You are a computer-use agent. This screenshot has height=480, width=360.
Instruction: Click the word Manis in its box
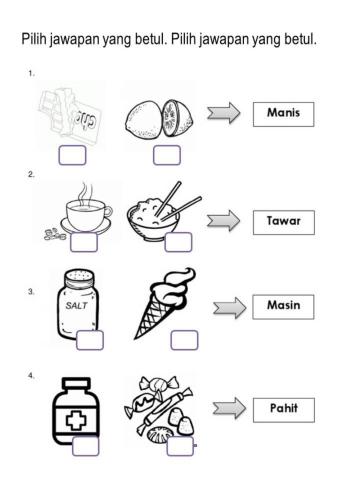pos(283,112)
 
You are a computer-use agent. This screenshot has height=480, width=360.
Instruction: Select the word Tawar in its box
pos(284,221)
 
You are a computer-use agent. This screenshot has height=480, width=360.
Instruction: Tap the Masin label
pos(283,305)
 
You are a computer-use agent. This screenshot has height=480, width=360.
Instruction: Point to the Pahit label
pos(284,408)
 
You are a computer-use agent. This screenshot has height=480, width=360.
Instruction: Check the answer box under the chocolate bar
pos(72,155)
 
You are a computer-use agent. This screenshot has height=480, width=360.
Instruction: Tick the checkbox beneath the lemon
pos(167,155)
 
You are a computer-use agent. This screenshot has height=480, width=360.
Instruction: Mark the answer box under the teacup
pos(84,242)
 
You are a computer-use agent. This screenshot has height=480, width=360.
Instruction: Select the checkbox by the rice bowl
pos(178,242)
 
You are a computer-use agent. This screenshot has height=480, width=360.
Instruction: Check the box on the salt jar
pos(90,340)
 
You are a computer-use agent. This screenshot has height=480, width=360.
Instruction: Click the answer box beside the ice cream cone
pos(184,340)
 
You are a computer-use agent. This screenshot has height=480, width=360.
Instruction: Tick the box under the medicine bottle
pos(85,446)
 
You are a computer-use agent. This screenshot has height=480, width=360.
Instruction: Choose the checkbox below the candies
pos(180,446)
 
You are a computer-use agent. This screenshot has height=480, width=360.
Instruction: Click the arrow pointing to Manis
pos(223,113)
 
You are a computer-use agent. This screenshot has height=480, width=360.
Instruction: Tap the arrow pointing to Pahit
pos(229,408)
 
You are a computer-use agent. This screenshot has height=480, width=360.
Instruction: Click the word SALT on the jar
pos(77,305)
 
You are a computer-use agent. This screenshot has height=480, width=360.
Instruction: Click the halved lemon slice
pos(177,118)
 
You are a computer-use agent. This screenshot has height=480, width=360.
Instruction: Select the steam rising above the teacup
pos(84,192)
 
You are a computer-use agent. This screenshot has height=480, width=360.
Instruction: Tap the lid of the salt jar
pos(79,278)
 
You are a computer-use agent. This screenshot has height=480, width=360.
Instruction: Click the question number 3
pos(31,292)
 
